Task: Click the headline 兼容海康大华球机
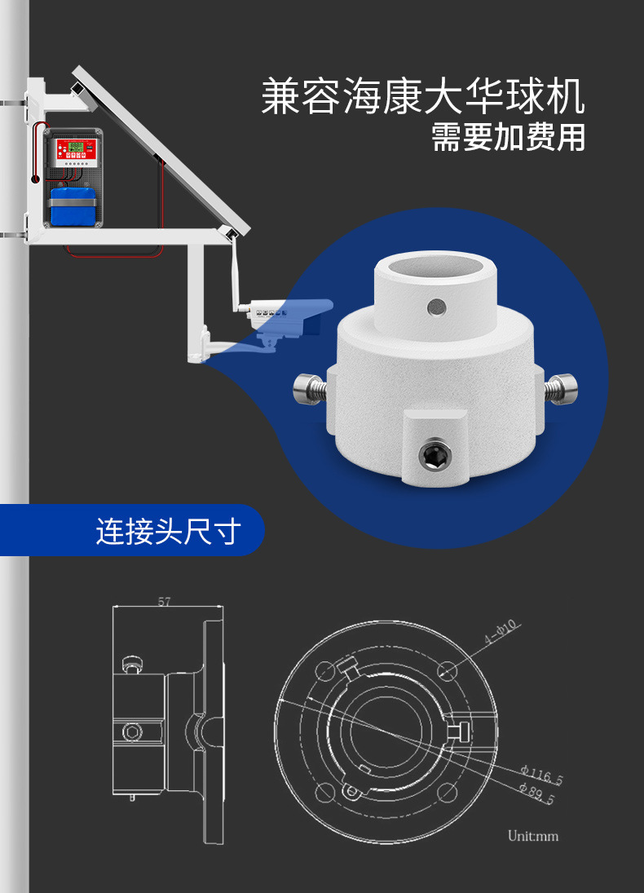[x=423, y=97]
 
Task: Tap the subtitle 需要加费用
[x=508, y=138]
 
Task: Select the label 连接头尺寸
[x=169, y=531]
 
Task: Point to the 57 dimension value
[x=164, y=601]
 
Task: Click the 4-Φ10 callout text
[x=501, y=632]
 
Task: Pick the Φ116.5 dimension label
[x=541, y=775]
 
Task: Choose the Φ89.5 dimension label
[x=536, y=793]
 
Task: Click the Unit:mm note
[x=533, y=836]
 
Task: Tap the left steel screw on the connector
[x=310, y=389]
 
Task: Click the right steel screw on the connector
[x=561, y=389]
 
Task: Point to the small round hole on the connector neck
[x=437, y=307]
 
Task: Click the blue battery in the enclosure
[x=73, y=206]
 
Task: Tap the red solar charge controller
[x=76, y=150]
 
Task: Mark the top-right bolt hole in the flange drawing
[x=448, y=670]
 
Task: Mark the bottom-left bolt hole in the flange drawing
[x=325, y=793]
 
